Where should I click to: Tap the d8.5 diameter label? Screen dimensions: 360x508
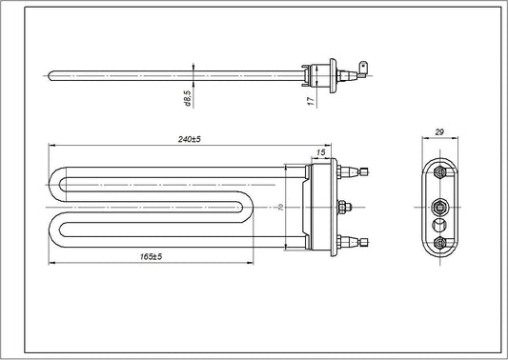click(x=189, y=96)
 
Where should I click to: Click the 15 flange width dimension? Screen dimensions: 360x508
click(x=320, y=151)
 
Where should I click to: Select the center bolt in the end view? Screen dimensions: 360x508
click(x=438, y=205)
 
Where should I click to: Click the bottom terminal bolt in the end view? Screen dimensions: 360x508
click(x=438, y=243)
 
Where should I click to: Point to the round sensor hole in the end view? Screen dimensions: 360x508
click(x=438, y=225)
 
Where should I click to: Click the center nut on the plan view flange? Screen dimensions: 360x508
click(x=345, y=207)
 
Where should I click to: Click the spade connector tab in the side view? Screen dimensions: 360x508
click(x=364, y=68)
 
